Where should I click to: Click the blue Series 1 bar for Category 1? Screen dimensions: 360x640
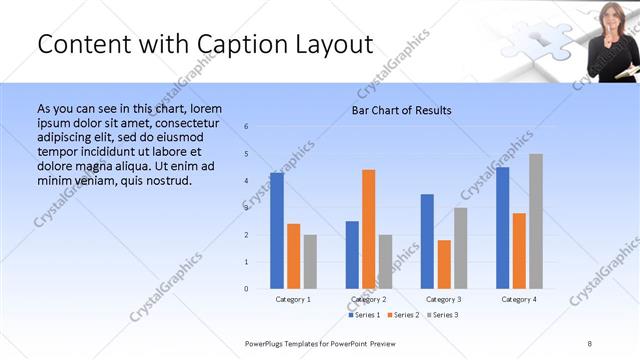pos(277,231)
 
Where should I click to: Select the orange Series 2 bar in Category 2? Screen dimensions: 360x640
pos(368,229)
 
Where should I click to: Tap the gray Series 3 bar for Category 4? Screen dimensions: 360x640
pos(536,221)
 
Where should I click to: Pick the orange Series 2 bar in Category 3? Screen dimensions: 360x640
pos(444,265)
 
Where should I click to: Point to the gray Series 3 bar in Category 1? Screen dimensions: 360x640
pos(310,262)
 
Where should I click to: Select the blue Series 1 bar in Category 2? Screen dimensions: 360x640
pos(352,255)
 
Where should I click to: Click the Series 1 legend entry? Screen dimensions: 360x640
pos(364,315)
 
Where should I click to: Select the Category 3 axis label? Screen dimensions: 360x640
pos(443,299)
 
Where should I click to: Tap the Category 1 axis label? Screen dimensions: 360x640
pos(293,299)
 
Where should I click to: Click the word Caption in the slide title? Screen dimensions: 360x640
pos(212,44)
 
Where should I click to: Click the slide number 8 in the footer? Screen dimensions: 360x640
pos(590,344)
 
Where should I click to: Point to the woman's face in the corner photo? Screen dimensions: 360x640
pos(608,16)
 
